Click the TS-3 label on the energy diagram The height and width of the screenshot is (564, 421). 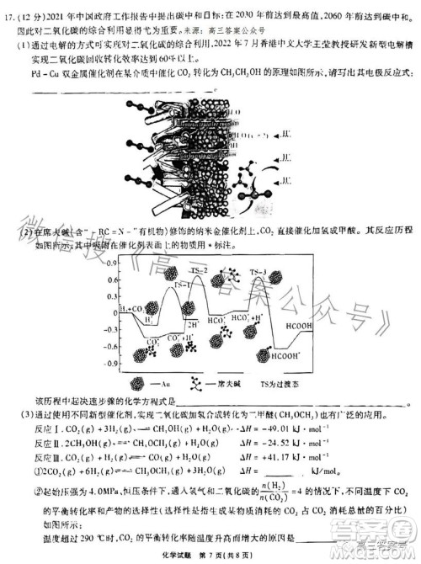click(x=258, y=271)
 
